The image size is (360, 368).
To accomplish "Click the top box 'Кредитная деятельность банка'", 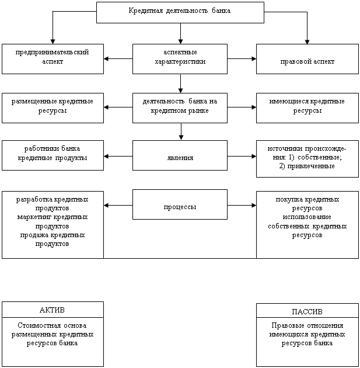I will (180, 12).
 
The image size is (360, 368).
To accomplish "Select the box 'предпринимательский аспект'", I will (53, 58).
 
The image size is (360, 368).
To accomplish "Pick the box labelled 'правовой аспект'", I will (307, 61).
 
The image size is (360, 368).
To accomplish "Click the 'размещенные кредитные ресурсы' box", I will (53, 107).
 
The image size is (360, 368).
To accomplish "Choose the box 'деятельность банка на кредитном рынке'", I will (180, 107).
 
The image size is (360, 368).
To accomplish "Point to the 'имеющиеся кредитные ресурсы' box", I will (307, 107).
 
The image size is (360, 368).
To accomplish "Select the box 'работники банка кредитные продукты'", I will (53, 155).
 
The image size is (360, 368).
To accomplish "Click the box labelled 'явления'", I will (180, 158).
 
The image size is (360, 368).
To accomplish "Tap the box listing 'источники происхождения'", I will (307, 158).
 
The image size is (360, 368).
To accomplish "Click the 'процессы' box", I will (180, 207).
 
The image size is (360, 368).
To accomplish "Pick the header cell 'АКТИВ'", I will (53, 310).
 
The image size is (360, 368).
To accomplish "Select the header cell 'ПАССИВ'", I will (307, 311).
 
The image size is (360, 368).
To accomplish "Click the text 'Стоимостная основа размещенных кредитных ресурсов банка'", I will (53, 334).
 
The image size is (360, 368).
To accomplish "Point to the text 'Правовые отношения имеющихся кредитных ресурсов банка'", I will (307, 335).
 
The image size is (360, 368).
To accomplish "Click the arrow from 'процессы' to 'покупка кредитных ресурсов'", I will (242, 205).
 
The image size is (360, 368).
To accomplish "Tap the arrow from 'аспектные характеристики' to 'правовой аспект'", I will (242, 58).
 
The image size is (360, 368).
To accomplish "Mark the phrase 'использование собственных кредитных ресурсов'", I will (307, 225).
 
